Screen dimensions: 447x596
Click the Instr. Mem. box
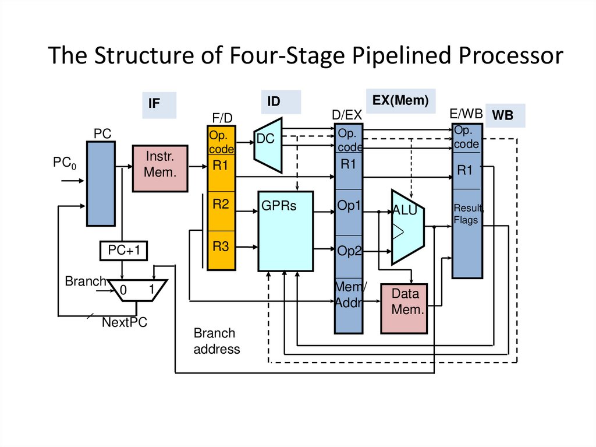tap(160, 168)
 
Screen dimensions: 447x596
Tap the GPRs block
tap(286, 231)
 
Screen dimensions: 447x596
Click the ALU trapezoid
tap(407, 227)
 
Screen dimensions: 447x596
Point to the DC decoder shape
tap(268, 145)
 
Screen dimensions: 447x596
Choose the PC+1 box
tap(124, 251)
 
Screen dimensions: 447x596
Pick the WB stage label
tap(503, 115)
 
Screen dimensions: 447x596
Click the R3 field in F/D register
tap(221, 247)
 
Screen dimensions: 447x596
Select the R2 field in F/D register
tap(221, 205)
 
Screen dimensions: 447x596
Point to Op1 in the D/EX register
tap(349, 206)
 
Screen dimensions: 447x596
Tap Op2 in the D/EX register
tap(349, 251)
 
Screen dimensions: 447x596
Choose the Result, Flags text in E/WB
tap(467, 214)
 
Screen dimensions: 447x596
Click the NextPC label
tap(125, 322)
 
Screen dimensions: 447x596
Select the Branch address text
tap(217, 342)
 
